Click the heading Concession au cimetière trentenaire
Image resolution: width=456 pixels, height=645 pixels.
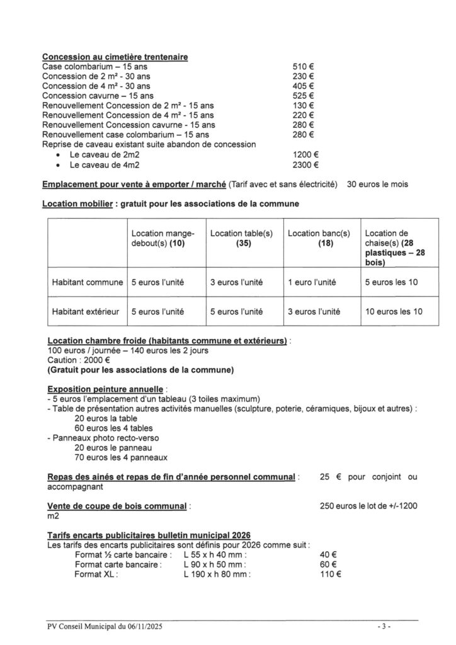point(116,57)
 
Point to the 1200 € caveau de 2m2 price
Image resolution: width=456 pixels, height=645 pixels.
point(305,154)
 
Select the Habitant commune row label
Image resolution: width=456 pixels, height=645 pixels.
point(87,283)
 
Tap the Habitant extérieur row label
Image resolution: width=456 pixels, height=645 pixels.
point(87,311)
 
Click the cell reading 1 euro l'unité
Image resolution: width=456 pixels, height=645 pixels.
point(314,283)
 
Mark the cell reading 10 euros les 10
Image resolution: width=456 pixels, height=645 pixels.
point(394,311)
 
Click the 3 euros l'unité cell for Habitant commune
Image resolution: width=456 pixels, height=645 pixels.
point(236,283)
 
